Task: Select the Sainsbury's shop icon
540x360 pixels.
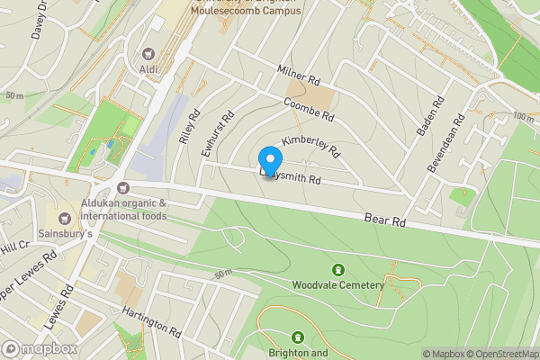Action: point(64,219)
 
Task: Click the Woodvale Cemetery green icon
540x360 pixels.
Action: point(338,270)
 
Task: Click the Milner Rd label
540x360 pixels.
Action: point(300,79)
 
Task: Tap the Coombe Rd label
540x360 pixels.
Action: point(309,112)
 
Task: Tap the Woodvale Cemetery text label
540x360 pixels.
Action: point(337,285)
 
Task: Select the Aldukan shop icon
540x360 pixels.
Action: point(122,187)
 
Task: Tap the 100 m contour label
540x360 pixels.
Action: point(523,117)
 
